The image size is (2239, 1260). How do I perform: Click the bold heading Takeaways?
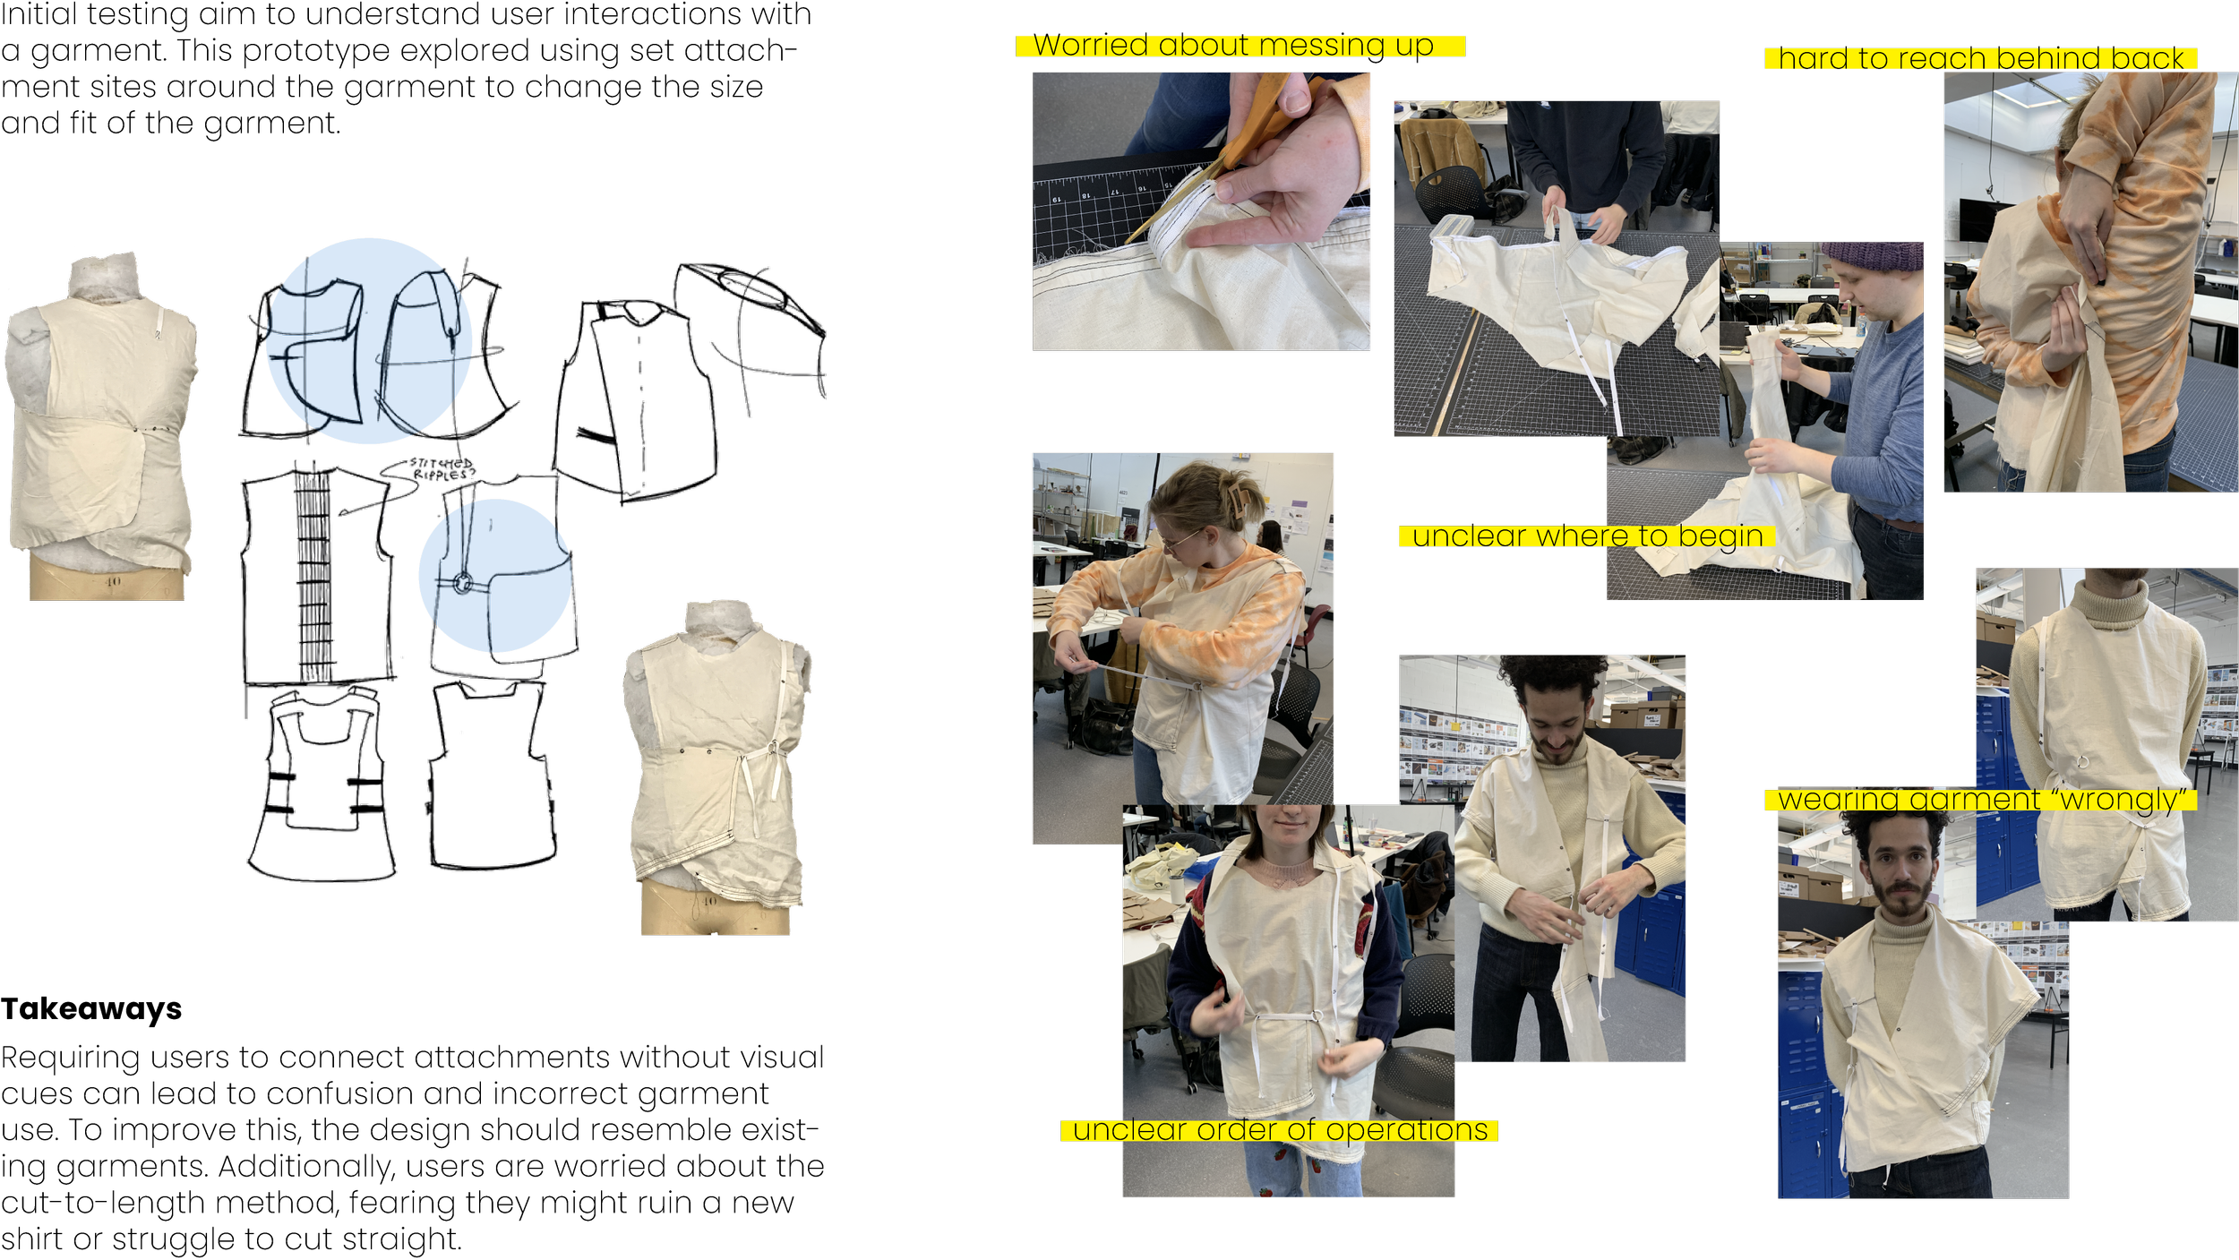[x=91, y=1009]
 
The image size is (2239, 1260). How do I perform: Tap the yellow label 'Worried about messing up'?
[x=1240, y=46]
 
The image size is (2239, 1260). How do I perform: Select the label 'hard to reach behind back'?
[x=1980, y=58]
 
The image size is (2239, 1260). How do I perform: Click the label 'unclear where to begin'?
[x=1586, y=536]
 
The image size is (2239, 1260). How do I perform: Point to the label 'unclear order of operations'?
[x=1279, y=1130]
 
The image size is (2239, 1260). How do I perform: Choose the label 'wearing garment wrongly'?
[x=1980, y=799]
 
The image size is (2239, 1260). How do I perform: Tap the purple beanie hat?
[x=1873, y=256]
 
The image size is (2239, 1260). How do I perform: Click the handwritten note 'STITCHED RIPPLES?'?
[x=442, y=468]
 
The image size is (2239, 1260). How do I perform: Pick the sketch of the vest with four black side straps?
[x=322, y=784]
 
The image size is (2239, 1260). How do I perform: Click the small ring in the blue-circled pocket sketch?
[x=462, y=584]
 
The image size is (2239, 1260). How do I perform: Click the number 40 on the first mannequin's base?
[x=112, y=582]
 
